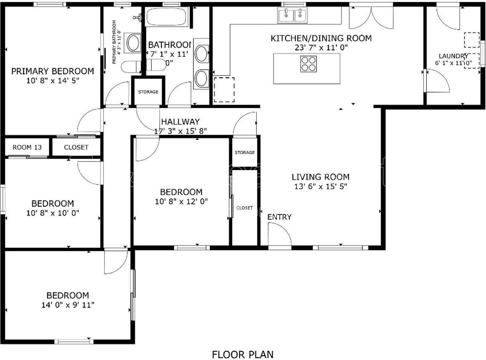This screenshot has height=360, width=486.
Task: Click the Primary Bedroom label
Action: (53, 71)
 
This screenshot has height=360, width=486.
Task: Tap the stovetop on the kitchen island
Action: (308, 64)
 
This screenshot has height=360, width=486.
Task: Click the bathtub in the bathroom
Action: (166, 17)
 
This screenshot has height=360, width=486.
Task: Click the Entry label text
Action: (279, 217)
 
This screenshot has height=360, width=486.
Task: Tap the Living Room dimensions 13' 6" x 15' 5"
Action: (320, 186)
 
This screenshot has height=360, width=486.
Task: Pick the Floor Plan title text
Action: (242, 354)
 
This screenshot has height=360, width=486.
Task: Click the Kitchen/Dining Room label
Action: (321, 38)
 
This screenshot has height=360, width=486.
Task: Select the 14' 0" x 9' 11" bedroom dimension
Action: (68, 305)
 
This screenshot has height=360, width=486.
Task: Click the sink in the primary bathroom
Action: (134, 43)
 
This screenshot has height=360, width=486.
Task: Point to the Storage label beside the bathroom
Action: (148, 92)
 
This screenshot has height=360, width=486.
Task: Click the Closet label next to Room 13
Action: (76, 147)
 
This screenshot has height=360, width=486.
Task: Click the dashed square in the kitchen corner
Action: (224, 90)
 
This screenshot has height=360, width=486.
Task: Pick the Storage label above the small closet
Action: (244, 153)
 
